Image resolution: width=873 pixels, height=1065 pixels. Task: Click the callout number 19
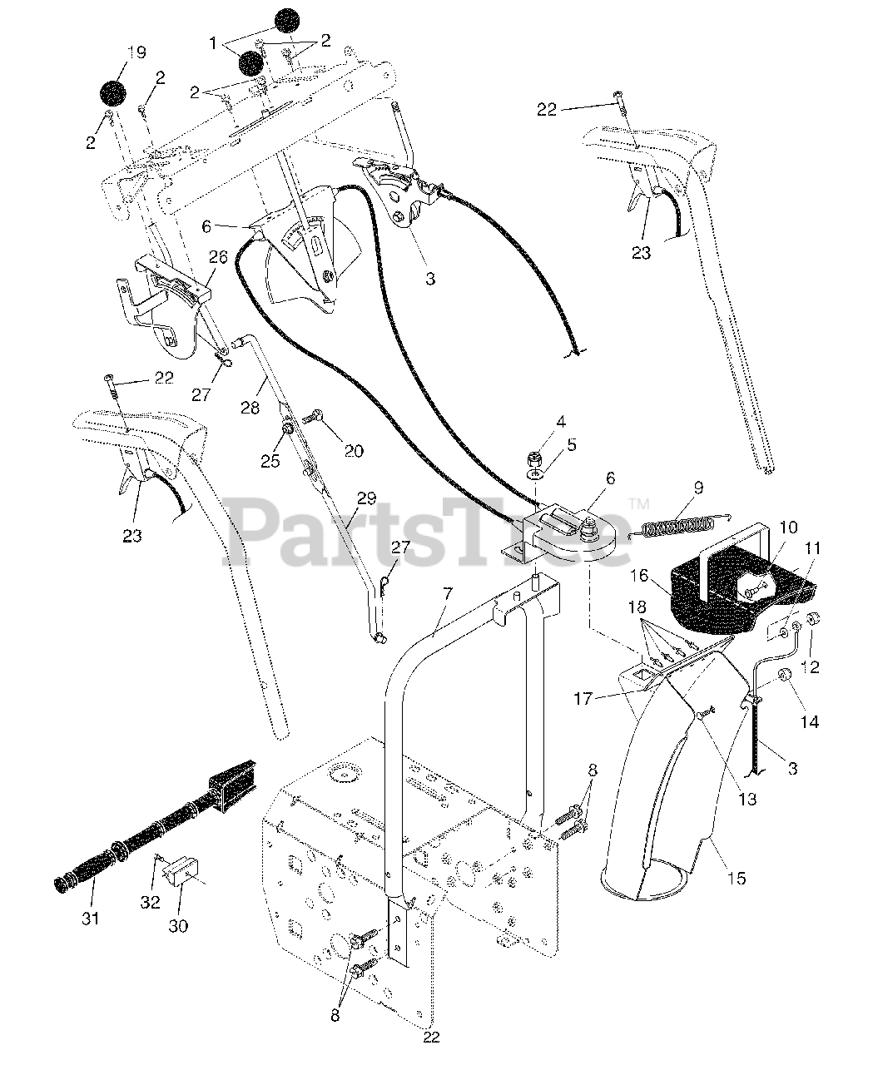(136, 52)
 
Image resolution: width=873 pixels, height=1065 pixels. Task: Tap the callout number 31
(90, 919)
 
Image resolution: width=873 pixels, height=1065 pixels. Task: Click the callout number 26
(218, 257)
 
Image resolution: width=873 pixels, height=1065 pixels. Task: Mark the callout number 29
(366, 498)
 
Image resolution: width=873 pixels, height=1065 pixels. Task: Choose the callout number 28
(250, 408)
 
